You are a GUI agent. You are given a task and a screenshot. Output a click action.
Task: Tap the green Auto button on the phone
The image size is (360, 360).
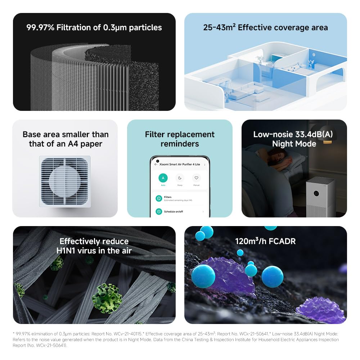coord(163,178)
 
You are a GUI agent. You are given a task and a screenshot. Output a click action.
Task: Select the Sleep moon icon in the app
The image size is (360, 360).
coord(180,178)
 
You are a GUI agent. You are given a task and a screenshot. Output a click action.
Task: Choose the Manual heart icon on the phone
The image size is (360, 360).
coord(196,178)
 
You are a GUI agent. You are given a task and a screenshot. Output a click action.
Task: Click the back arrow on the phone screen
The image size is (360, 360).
coord(156,164)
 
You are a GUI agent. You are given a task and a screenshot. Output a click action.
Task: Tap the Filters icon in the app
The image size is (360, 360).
coord(158,198)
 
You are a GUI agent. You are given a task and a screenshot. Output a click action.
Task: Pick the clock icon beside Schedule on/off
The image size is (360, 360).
coord(158,212)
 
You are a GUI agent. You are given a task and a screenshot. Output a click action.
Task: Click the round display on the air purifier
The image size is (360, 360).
coord(316,193)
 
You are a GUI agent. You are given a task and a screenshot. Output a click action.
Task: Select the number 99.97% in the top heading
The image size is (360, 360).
coord(40,27)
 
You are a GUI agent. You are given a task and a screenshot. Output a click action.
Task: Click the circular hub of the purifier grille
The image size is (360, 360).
coord(65,181)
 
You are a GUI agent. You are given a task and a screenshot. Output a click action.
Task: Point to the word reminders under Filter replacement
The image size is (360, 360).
coord(180,144)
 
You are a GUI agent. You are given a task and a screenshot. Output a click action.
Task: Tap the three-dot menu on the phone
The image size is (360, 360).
coord(204,164)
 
